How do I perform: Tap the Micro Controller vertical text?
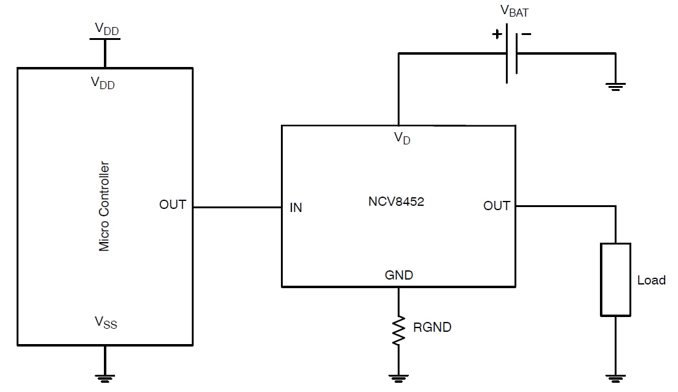coord(104,206)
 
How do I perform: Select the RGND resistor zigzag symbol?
coord(399,329)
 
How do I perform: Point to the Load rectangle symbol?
coord(615,280)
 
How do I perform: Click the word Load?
coord(651,280)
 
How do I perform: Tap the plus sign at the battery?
coord(497,34)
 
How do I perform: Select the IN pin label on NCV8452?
coord(296,208)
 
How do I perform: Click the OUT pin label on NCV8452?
coord(497,206)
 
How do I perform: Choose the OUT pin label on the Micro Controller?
coord(173,205)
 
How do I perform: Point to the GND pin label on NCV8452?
coord(399,275)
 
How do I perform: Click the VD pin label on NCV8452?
coord(402,138)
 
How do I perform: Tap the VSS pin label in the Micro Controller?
coord(105,322)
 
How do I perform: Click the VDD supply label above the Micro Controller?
coord(105,28)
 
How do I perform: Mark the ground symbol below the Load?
coord(615,377)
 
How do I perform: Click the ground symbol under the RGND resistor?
coord(399,377)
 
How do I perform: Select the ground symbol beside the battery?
coord(615,87)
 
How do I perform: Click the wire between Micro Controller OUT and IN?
coord(237,207)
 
